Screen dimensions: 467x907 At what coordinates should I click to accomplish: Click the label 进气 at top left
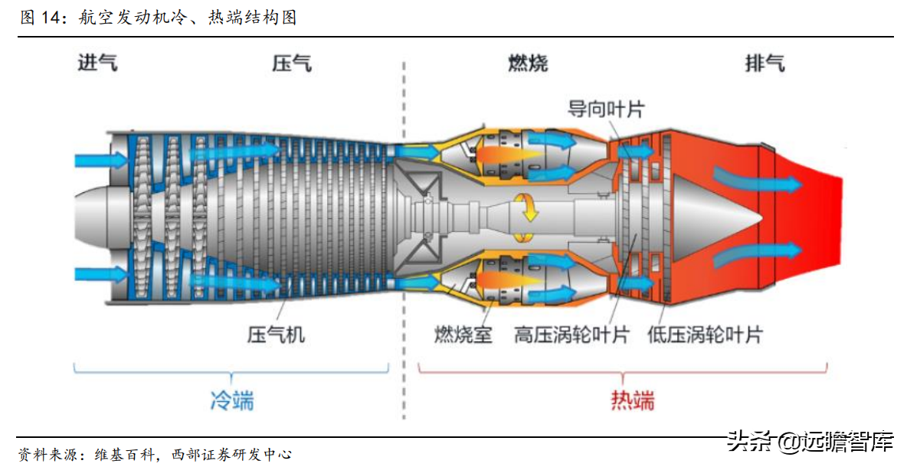click(97, 64)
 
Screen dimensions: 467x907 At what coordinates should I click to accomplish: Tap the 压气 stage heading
click(291, 64)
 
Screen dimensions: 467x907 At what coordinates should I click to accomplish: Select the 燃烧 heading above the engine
click(528, 64)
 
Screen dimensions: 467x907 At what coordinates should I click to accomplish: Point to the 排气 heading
click(764, 64)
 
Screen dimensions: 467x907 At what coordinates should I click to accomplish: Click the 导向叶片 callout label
click(605, 109)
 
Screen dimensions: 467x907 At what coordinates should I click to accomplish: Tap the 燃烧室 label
click(463, 335)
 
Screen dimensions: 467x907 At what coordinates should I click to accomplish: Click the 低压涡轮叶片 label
click(705, 335)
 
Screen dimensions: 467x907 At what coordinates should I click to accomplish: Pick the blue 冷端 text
click(231, 400)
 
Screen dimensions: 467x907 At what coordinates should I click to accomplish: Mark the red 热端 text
click(633, 400)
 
